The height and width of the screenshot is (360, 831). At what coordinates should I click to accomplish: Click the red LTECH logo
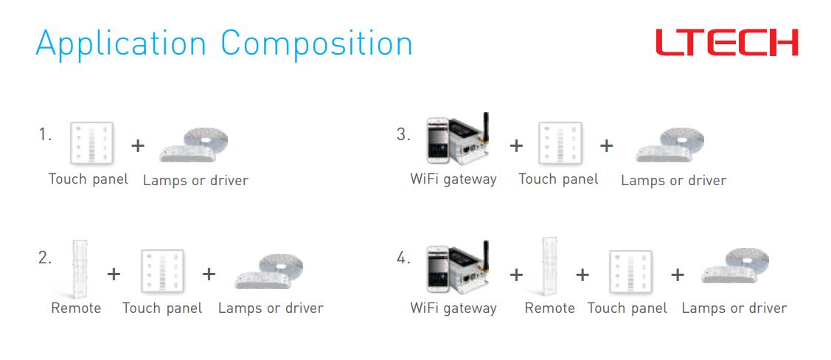[x=726, y=42]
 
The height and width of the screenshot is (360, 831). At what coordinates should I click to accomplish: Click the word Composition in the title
[x=317, y=44]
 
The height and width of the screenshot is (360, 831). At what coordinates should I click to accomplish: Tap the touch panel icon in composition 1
[x=91, y=142]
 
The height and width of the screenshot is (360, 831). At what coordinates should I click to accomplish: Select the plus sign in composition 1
[x=138, y=145]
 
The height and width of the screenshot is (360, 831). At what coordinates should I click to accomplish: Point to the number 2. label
[x=45, y=257]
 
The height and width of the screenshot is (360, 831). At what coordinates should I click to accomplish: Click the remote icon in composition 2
[x=80, y=269]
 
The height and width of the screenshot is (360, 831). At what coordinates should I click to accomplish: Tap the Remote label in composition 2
[x=76, y=308]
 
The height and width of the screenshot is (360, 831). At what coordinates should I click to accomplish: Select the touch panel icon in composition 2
[x=162, y=271]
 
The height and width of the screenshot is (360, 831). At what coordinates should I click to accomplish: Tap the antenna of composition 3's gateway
[x=485, y=126]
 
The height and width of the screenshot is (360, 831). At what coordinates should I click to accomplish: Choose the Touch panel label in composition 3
[x=559, y=179]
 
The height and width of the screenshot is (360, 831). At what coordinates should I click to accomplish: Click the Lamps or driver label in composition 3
[x=674, y=180]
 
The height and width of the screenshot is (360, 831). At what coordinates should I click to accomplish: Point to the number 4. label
[x=403, y=259]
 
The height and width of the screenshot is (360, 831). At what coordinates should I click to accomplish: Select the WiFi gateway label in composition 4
[x=453, y=308]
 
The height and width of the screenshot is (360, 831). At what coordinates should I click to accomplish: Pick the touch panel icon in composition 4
[x=630, y=271]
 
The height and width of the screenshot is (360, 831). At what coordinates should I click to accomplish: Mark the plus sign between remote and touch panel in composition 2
[x=114, y=274]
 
